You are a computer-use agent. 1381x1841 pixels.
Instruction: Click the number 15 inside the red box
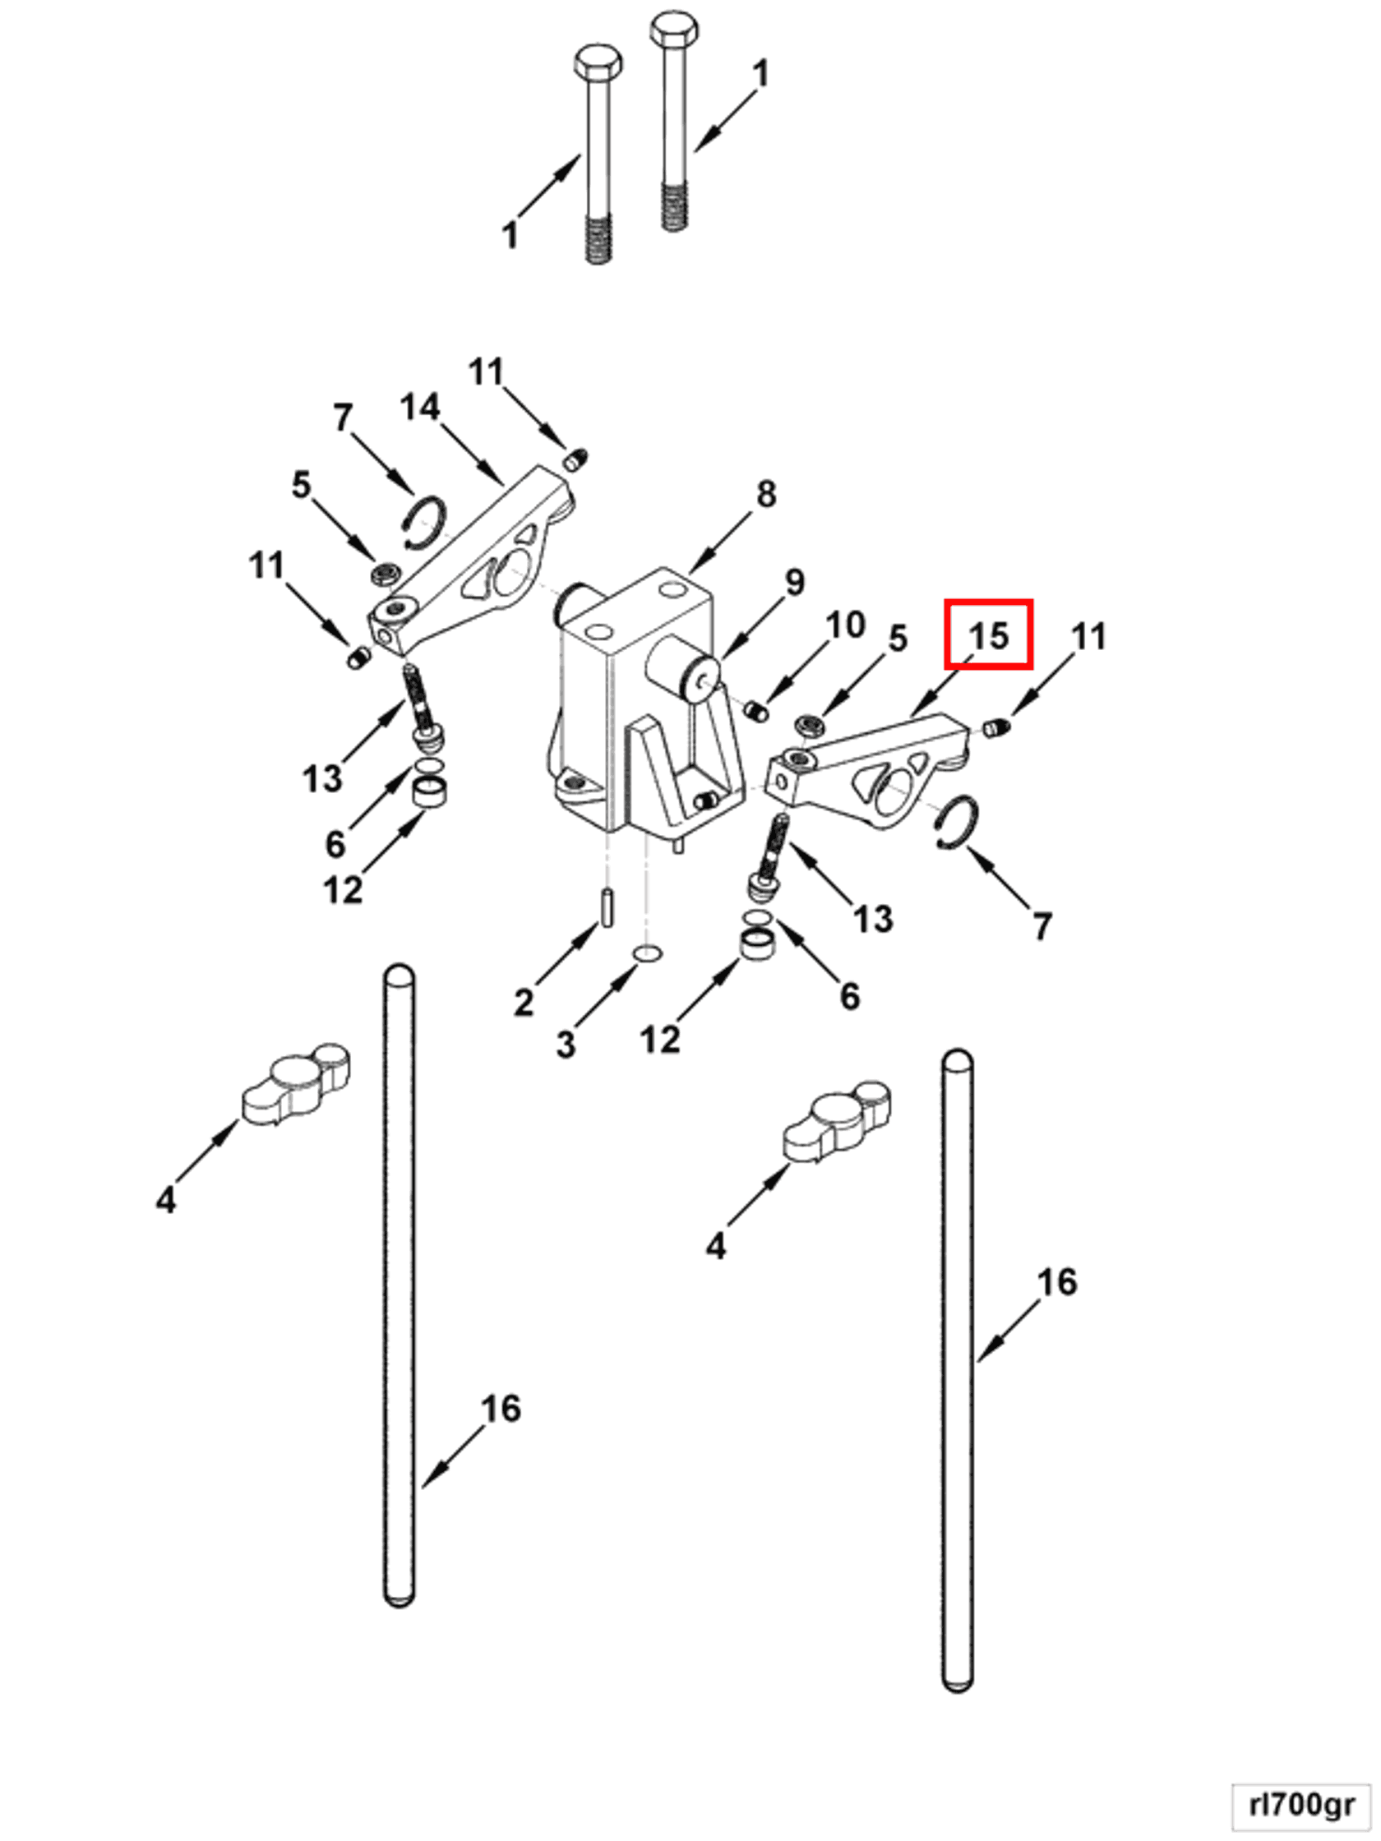point(988,636)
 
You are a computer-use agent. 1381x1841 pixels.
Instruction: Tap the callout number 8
point(766,495)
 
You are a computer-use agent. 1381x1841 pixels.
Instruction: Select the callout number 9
point(794,583)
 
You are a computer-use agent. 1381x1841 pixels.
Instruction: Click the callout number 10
point(845,625)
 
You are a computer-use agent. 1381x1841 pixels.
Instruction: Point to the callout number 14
point(419,407)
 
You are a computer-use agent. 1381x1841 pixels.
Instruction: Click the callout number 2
point(523,1002)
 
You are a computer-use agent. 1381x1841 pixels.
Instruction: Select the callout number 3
point(566,1044)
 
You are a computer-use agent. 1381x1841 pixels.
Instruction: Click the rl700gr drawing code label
point(1301,1805)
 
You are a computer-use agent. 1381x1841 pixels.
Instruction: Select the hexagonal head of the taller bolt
point(673,29)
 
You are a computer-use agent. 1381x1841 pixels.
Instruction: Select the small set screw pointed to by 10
point(755,713)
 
